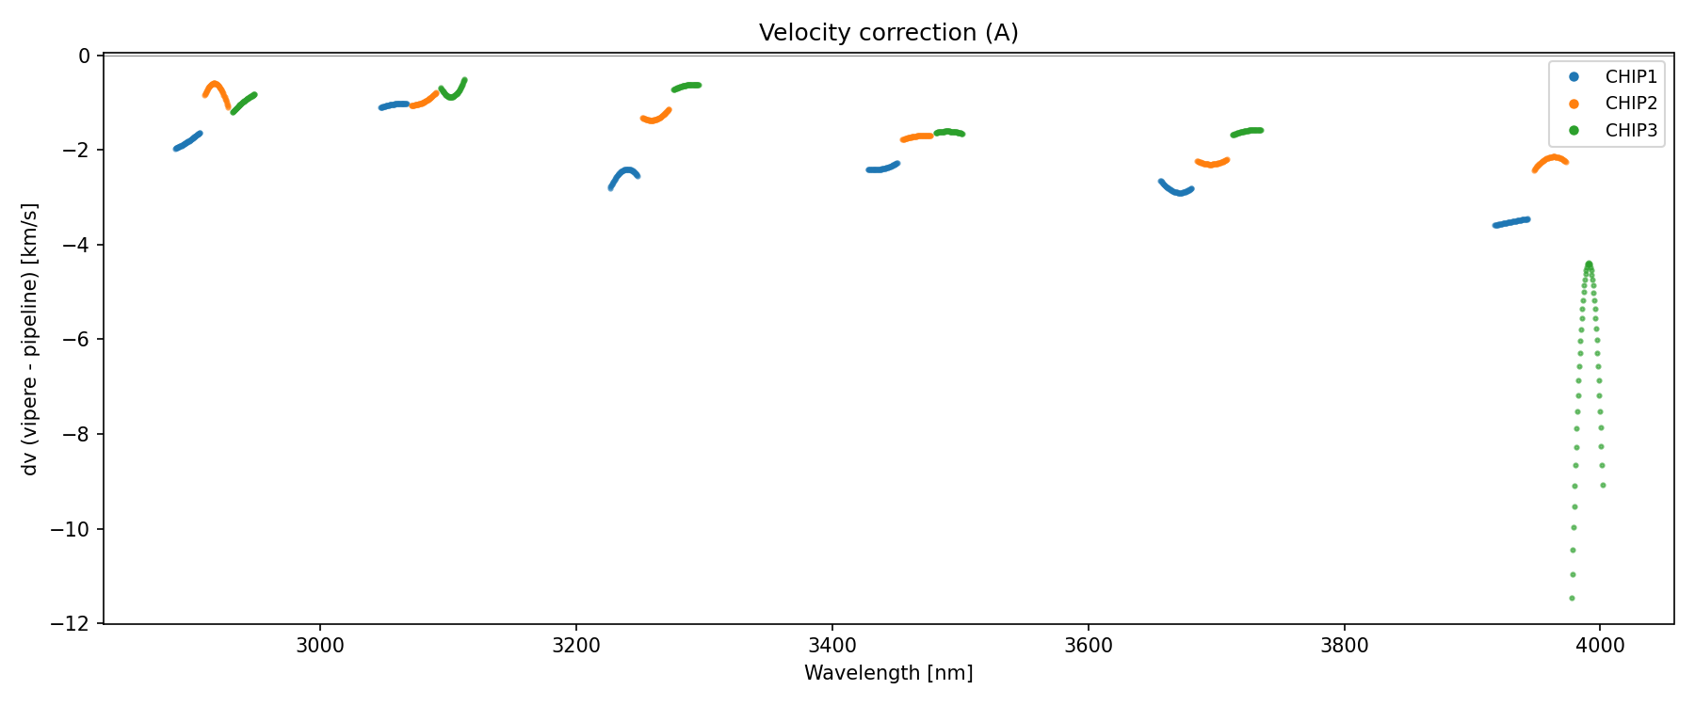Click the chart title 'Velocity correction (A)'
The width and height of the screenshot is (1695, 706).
click(x=888, y=33)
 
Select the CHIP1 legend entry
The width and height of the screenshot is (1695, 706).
click(x=1631, y=77)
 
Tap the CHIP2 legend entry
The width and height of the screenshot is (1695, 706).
click(x=1631, y=104)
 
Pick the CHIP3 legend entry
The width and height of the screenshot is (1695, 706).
click(x=1631, y=131)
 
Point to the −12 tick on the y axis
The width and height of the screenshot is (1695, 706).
click(x=75, y=624)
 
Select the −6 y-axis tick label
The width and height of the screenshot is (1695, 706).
click(x=80, y=340)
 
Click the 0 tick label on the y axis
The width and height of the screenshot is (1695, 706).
click(x=85, y=56)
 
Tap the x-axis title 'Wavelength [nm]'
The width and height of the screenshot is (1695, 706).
click(x=888, y=673)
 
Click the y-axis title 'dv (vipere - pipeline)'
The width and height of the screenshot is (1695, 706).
click(x=30, y=339)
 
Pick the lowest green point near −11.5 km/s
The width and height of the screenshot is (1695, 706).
click(x=1572, y=598)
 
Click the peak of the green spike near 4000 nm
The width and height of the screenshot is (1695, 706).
click(x=1589, y=264)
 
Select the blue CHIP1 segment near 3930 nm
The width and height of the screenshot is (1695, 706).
click(x=1511, y=222)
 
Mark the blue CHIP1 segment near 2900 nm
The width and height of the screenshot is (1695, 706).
click(x=187, y=142)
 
